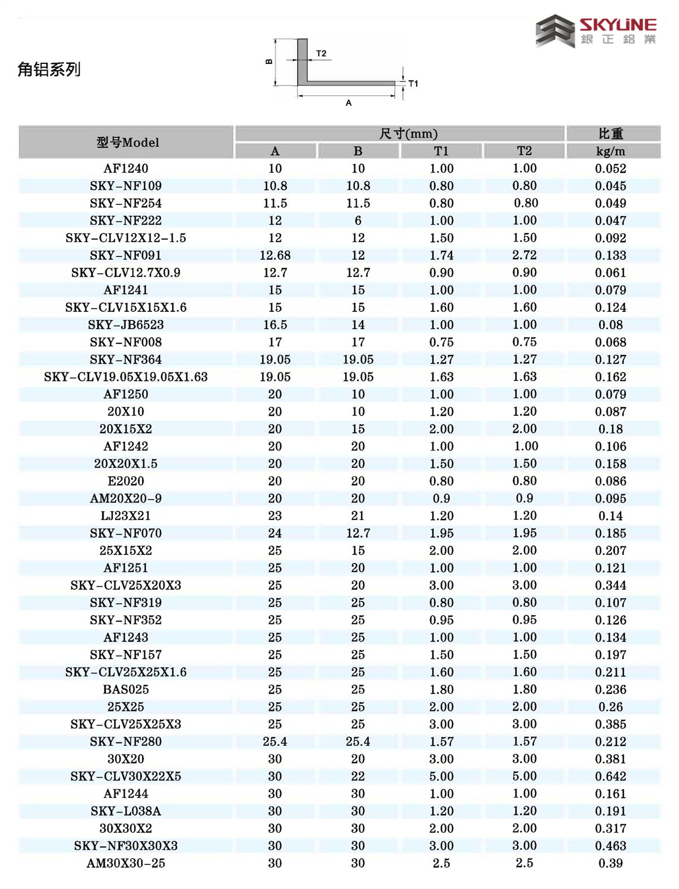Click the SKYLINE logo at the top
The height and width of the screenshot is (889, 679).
(x=596, y=31)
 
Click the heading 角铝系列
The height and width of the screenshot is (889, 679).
(x=49, y=70)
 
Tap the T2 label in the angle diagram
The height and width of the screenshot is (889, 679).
(x=321, y=54)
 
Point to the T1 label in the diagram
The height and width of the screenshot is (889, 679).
(x=413, y=84)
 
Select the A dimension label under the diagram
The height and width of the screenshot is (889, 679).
(x=349, y=103)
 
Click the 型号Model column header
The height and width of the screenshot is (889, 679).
(x=127, y=143)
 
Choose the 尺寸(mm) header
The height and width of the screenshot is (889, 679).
(x=408, y=134)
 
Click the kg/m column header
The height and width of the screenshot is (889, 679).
(x=611, y=151)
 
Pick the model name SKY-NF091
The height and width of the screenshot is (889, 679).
(x=126, y=255)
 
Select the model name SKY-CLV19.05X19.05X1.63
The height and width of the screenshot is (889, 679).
(x=126, y=377)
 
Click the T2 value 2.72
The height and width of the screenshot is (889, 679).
(x=525, y=255)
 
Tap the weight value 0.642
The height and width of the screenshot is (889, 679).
(x=611, y=776)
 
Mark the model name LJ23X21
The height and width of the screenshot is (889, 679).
(x=126, y=516)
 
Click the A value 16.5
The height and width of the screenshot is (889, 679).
(x=275, y=325)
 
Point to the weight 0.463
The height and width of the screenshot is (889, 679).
(x=611, y=846)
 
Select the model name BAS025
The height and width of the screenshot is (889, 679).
(x=126, y=690)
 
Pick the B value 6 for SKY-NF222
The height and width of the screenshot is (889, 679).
(x=358, y=221)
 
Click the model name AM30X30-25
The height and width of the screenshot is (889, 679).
(x=126, y=864)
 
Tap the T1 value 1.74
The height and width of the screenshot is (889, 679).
(x=441, y=255)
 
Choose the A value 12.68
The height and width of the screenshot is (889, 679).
(x=275, y=255)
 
